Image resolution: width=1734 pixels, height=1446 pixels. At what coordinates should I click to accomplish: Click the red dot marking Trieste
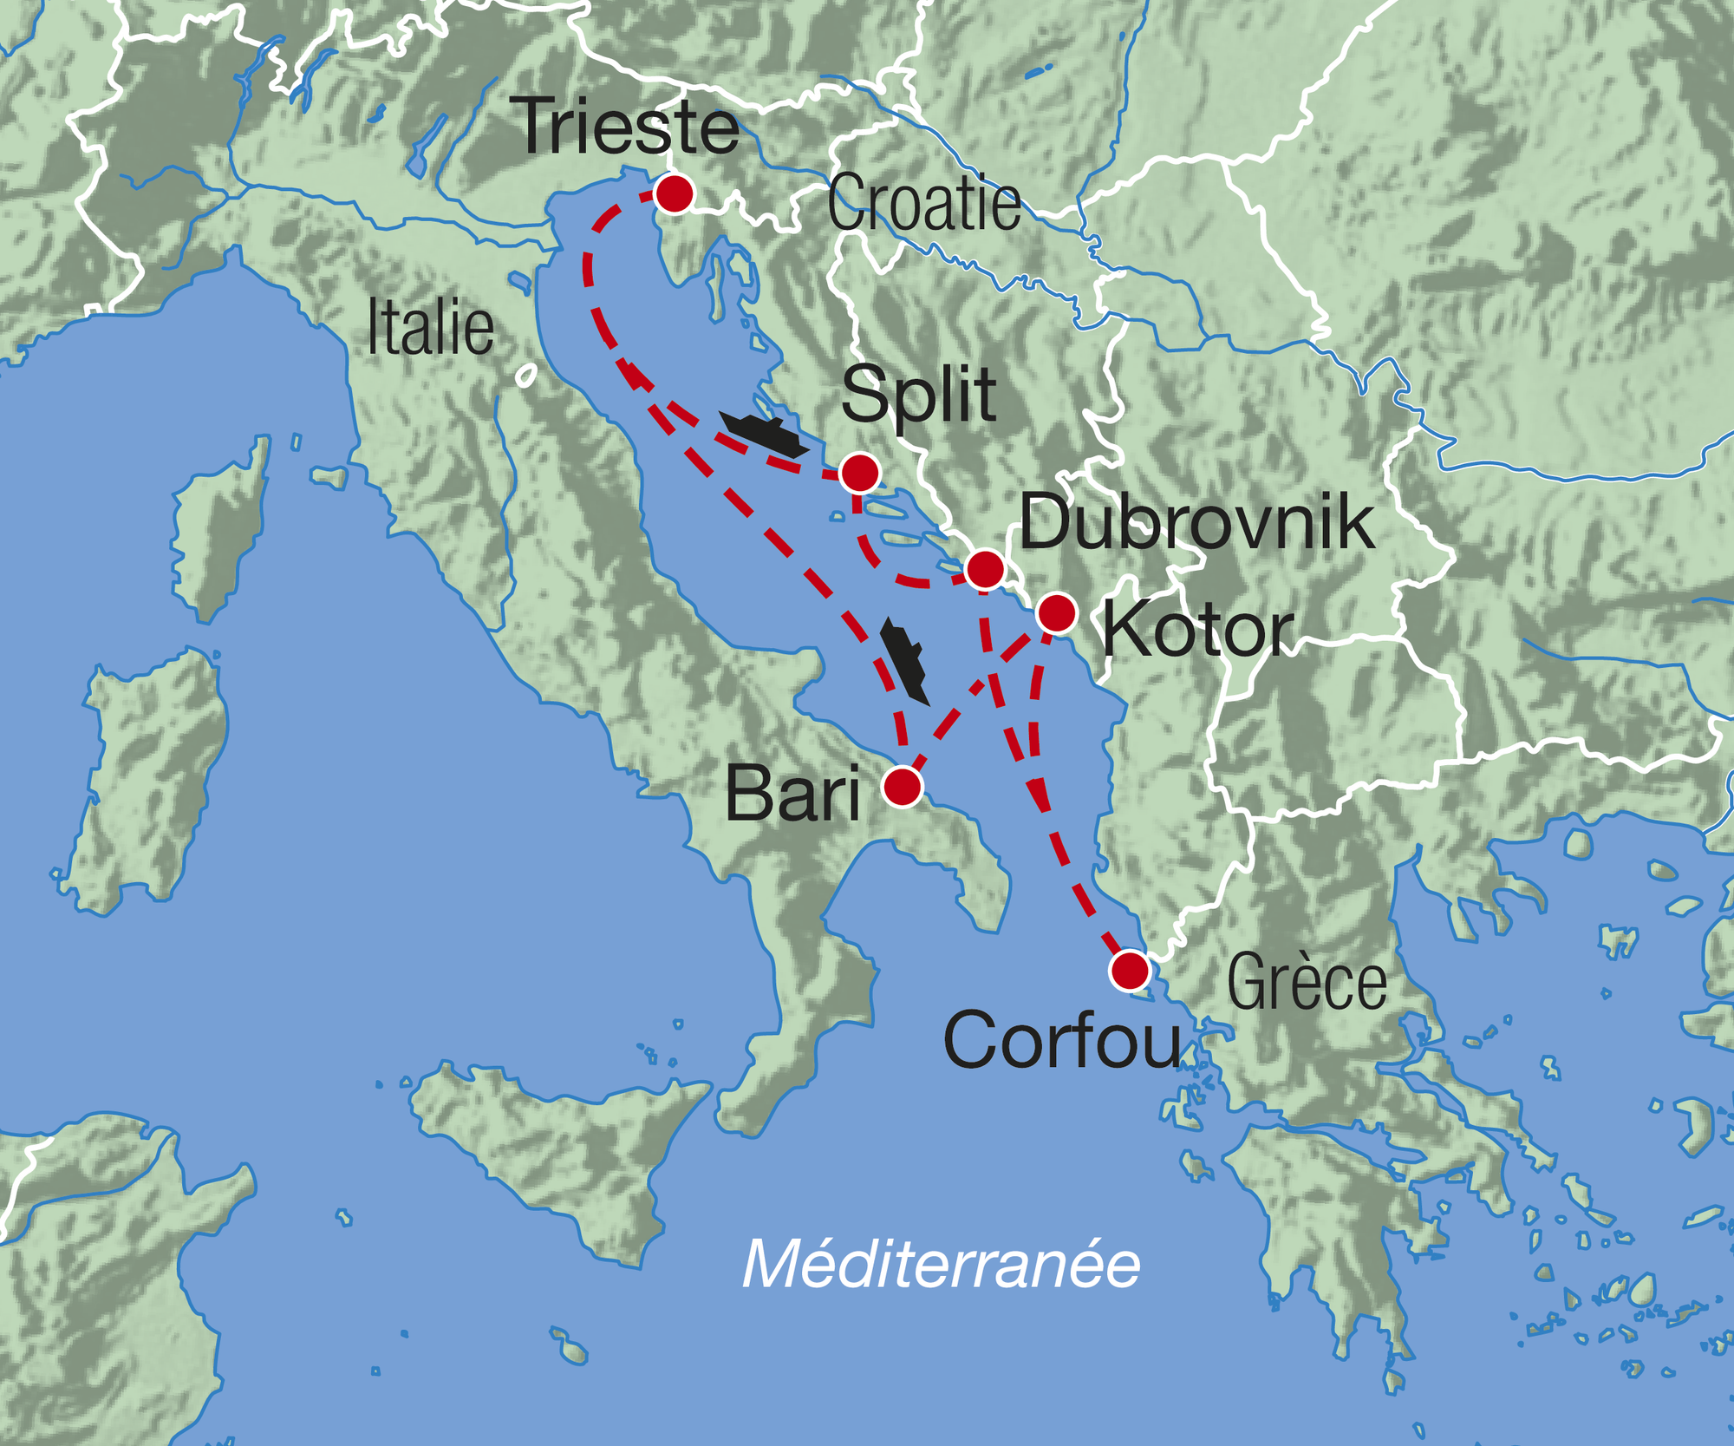click(x=675, y=193)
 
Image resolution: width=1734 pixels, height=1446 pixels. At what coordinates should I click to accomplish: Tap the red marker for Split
click(x=859, y=474)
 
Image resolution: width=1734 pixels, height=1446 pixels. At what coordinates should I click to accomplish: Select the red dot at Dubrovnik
click(x=984, y=570)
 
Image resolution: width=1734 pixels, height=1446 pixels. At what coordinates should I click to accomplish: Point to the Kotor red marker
click(x=1056, y=613)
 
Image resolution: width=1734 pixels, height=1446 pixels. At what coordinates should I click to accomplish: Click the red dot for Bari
click(x=902, y=787)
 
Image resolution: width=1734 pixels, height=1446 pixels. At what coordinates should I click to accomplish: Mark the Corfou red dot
click(x=1129, y=970)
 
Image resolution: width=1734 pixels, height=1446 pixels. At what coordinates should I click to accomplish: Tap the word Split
click(x=918, y=396)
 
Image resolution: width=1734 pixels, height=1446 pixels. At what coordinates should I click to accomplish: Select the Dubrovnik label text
click(x=1196, y=523)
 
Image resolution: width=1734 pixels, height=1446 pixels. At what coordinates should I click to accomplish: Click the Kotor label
click(x=1197, y=631)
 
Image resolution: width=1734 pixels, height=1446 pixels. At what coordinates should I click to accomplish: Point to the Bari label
click(x=792, y=794)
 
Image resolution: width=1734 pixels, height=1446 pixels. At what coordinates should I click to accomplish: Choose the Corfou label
click(x=1061, y=1040)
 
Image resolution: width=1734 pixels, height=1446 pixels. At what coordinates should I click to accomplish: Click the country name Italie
click(x=430, y=328)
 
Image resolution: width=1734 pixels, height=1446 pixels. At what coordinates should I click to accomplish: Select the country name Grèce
click(x=1307, y=982)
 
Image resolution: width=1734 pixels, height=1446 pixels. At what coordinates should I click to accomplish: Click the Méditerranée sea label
click(x=941, y=1265)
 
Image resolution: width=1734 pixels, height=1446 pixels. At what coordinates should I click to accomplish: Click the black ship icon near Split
click(x=764, y=435)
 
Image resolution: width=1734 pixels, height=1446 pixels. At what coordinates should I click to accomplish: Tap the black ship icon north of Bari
click(x=904, y=660)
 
